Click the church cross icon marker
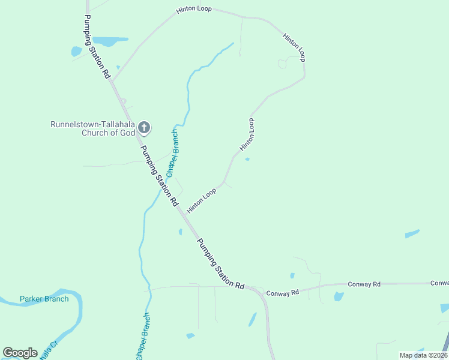tap(144, 127)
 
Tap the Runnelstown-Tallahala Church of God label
tap(93, 128)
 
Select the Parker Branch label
tap(44, 299)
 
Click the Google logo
tap(20, 353)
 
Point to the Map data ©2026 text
tap(423, 355)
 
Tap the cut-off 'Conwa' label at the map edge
tap(439, 283)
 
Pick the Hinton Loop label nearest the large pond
tap(194, 11)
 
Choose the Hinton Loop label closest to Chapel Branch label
tap(202, 200)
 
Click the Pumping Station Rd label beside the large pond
tap(97, 47)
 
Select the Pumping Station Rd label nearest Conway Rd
tap(221, 264)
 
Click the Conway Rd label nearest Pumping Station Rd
tap(282, 293)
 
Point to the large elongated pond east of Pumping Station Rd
tap(110, 41)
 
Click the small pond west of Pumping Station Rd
tap(76, 52)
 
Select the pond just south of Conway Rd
tap(339, 296)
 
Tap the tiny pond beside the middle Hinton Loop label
tap(247, 159)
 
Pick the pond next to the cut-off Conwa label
tap(445, 308)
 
